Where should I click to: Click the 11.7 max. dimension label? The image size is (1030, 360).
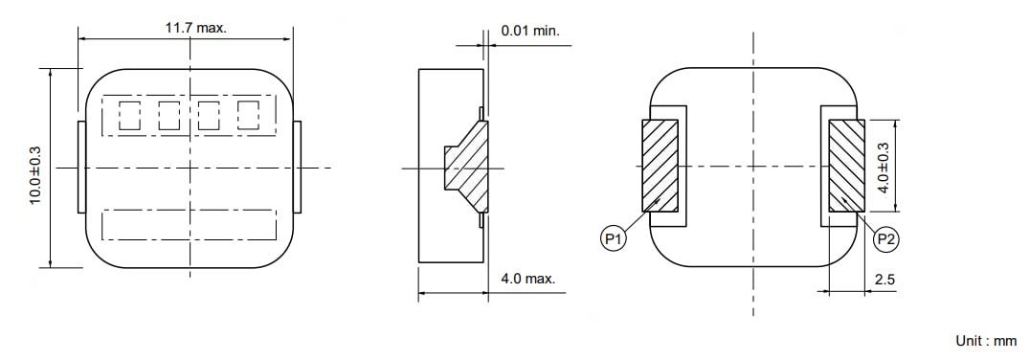195,28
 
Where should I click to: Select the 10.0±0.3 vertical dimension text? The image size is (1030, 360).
35,174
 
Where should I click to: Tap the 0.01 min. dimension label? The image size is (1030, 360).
530,31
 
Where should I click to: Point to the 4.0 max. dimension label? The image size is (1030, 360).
527,279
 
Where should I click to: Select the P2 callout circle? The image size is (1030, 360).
887,239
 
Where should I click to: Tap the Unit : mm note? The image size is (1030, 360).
986,341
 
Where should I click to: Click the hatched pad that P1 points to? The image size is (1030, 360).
660,165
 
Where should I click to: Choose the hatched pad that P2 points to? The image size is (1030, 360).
846,165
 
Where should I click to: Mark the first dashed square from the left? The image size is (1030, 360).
129,116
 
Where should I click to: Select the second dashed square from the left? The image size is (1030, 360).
169,116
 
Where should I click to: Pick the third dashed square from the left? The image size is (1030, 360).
209,116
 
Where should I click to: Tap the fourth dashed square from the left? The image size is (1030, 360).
249,115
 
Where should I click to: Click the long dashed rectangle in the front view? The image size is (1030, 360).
189,224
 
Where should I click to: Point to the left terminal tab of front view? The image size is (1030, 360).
81,168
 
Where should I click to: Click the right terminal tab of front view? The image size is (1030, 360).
297,168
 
